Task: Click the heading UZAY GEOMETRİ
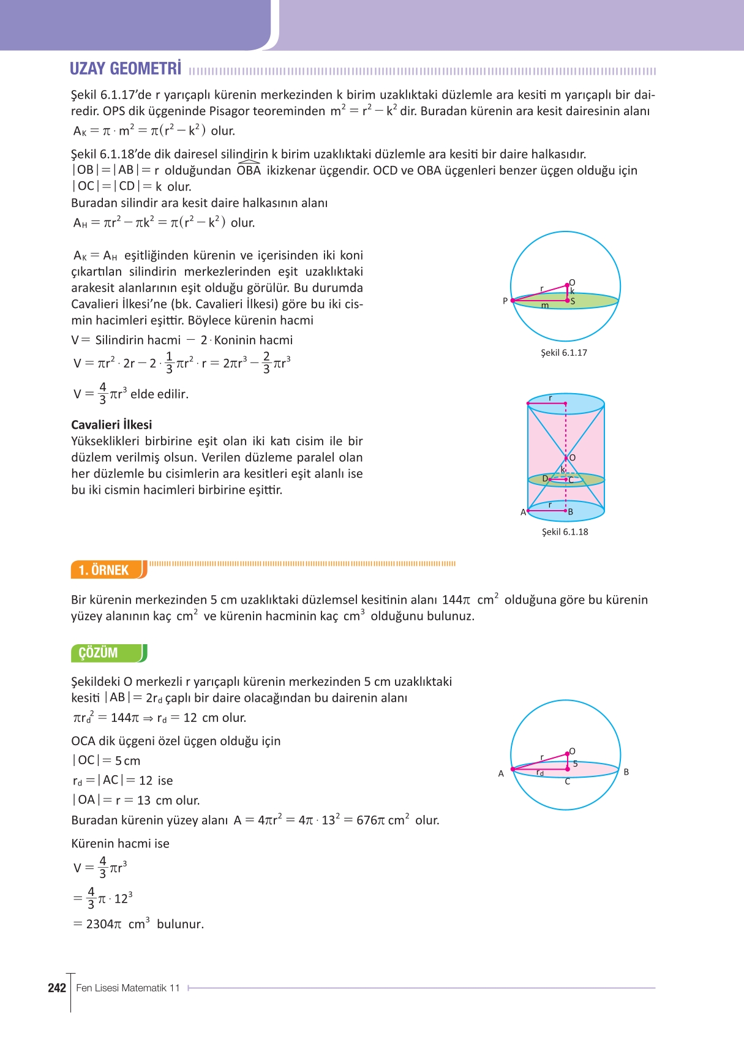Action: click(x=126, y=69)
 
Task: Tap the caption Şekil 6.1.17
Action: click(x=563, y=353)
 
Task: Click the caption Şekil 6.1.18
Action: click(x=565, y=532)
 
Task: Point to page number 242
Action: click(x=57, y=988)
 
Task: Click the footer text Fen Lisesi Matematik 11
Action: click(x=128, y=988)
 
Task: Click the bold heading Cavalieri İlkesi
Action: click(x=111, y=424)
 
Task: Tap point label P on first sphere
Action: click(x=505, y=301)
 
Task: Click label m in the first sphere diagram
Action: click(x=545, y=305)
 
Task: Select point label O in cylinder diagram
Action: click(x=572, y=457)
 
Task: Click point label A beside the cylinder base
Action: click(x=523, y=512)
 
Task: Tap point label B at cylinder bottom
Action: click(x=570, y=512)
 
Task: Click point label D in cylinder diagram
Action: click(x=545, y=478)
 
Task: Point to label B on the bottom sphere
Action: click(x=626, y=772)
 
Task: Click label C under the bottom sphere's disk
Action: click(x=568, y=781)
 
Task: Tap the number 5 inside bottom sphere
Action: click(x=575, y=763)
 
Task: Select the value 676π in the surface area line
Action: click(x=370, y=820)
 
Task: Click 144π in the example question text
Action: click(x=456, y=599)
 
